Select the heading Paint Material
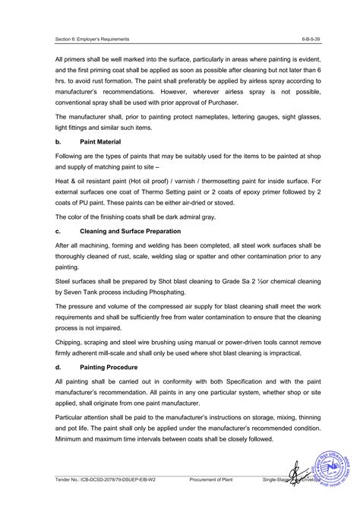tap(106, 141)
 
